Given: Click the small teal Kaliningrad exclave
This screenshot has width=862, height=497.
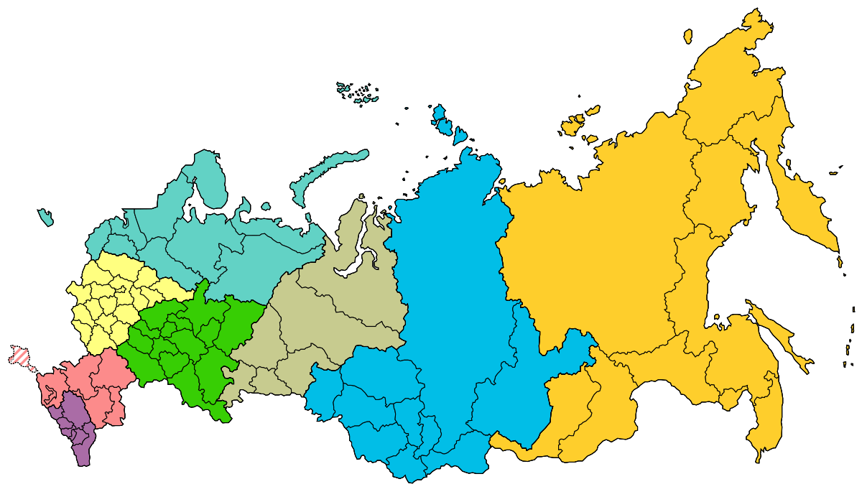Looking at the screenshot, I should pyautogui.click(x=45, y=216).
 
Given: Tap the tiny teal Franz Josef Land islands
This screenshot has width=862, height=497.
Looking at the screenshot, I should pyautogui.click(x=357, y=93).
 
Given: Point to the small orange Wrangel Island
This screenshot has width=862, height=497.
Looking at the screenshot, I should pyautogui.click(x=688, y=36).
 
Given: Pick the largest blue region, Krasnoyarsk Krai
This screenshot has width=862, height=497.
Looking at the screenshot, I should pyautogui.click(x=453, y=287).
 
